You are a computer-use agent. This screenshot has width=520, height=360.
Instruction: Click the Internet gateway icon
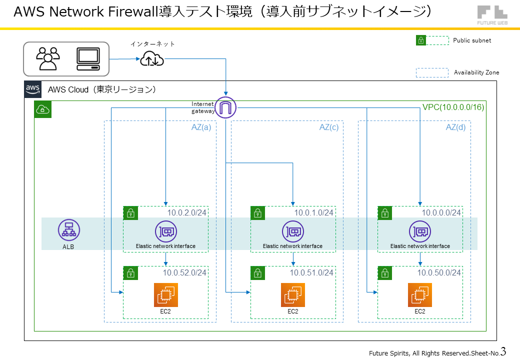click(x=225, y=107)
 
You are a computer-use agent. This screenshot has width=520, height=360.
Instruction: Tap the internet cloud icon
click(x=151, y=59)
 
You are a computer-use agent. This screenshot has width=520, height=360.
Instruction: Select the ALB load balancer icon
click(x=68, y=229)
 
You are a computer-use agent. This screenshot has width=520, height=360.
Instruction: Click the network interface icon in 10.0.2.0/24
click(x=165, y=231)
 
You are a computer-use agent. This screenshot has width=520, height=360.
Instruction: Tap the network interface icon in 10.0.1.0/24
click(x=292, y=231)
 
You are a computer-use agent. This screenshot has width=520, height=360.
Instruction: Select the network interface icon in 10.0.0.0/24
click(x=419, y=231)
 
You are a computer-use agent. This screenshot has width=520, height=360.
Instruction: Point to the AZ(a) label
click(x=201, y=127)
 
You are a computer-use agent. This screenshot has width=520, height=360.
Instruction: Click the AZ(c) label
click(x=328, y=127)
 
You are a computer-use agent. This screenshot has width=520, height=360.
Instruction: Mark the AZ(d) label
click(x=455, y=127)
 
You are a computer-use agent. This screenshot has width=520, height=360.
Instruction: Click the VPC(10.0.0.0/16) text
click(x=453, y=107)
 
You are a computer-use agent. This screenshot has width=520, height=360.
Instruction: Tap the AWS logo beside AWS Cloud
click(x=32, y=89)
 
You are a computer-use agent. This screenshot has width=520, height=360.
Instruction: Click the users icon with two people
click(x=48, y=58)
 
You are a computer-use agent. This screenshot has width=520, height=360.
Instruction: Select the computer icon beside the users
click(x=88, y=59)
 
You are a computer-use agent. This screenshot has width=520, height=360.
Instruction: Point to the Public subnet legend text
click(x=472, y=40)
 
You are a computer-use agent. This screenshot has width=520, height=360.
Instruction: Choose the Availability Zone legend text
click(x=476, y=72)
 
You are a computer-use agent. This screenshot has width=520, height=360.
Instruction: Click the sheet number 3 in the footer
click(x=503, y=351)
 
